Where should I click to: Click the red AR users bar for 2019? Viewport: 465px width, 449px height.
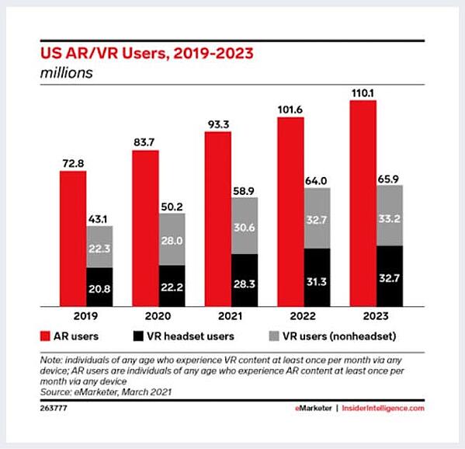(73, 237)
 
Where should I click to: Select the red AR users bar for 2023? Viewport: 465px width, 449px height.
(363, 202)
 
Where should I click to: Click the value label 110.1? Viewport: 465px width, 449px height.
(363, 92)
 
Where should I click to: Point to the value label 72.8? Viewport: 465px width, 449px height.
(72, 162)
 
